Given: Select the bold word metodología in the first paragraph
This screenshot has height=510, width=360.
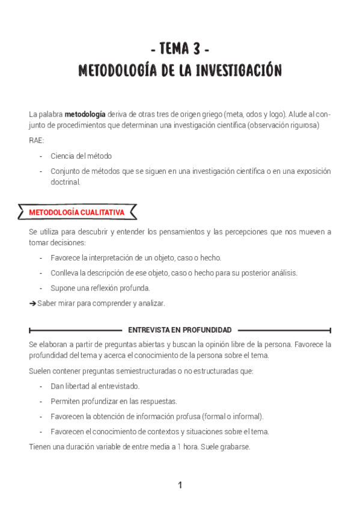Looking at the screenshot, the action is [x=85, y=114].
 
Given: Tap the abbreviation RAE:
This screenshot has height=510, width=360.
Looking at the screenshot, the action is [x=36, y=140].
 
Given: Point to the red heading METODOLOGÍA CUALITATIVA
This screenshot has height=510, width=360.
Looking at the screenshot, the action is [x=76, y=212].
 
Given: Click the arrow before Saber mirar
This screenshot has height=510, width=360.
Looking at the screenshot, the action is [x=32, y=303].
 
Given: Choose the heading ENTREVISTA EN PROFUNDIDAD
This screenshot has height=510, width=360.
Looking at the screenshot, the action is [x=180, y=330].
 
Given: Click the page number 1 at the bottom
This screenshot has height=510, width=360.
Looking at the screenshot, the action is [x=180, y=485].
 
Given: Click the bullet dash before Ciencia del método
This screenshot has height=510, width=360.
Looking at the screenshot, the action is [x=41, y=156].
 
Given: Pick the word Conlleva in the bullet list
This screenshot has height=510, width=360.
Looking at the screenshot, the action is [x=63, y=272].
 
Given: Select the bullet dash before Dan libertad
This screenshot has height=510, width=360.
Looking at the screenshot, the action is [x=41, y=386].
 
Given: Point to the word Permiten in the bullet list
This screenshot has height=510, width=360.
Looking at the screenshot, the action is [x=63, y=401].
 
